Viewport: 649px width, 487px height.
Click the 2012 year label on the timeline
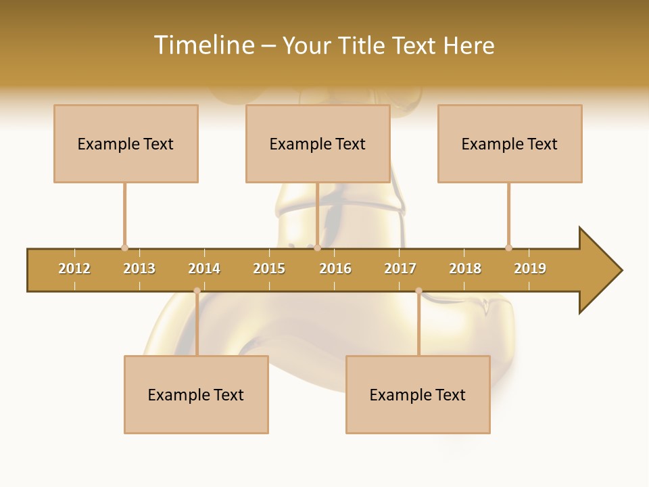[74, 269]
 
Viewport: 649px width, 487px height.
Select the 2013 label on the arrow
[139, 269]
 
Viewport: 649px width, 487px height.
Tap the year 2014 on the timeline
[204, 269]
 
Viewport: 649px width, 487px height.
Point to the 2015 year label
[269, 269]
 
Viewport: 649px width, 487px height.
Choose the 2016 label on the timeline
[335, 269]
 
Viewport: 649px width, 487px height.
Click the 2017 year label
[400, 269]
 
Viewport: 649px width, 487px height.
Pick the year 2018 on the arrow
[465, 269]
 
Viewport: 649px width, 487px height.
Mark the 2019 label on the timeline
[530, 269]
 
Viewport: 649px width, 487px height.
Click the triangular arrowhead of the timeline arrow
[598, 271]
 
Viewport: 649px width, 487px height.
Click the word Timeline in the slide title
[203, 45]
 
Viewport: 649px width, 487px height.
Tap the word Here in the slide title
[468, 45]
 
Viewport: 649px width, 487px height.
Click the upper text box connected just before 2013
[126, 143]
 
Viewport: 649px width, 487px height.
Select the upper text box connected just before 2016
[318, 143]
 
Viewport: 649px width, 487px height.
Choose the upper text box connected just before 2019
[510, 143]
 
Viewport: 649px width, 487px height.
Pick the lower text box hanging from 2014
[196, 394]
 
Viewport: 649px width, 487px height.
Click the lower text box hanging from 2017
[418, 394]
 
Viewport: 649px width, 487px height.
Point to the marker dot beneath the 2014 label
[197, 291]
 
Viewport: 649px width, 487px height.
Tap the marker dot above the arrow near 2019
[508, 248]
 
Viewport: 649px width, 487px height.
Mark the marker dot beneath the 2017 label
[418, 291]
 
